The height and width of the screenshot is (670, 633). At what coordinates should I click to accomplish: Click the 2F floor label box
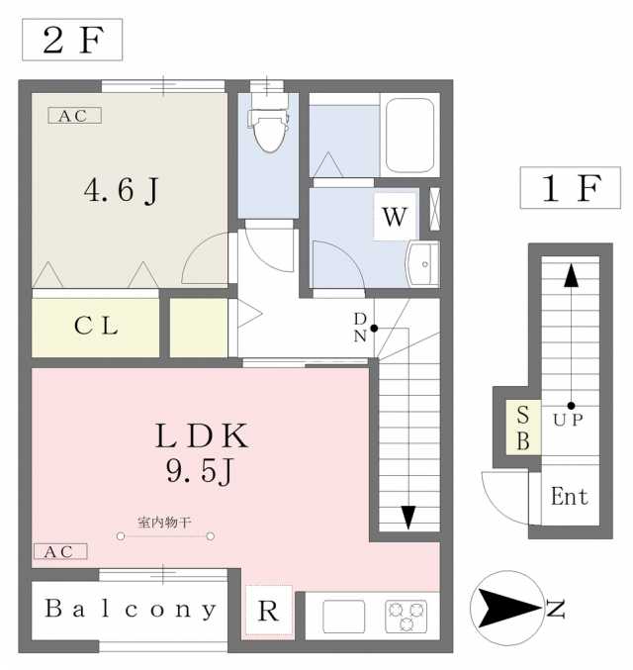pos(72,40)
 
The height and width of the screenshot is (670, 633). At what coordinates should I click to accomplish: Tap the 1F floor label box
pos(571,188)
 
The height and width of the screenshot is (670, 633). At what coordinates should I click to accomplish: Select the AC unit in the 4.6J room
pos(75,116)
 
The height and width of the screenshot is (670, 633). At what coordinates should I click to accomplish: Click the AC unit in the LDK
pos(60,551)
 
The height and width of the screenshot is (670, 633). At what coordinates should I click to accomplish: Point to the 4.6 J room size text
pos(122,191)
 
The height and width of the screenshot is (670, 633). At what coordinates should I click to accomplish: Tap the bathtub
pos(410,135)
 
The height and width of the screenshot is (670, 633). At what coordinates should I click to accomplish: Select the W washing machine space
pos(395,216)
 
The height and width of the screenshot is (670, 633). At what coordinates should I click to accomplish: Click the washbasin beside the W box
pos(423,264)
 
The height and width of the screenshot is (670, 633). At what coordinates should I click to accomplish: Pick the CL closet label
pos(96,326)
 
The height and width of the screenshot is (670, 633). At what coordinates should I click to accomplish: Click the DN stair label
pos(360,328)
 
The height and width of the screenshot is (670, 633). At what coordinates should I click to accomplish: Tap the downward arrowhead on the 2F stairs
pos(408,518)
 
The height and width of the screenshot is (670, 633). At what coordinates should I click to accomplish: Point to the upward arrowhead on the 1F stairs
pos(571,275)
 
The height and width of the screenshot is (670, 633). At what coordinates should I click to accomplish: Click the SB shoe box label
pos(523,428)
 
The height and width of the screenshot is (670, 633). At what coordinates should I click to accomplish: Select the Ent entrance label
pos(570,497)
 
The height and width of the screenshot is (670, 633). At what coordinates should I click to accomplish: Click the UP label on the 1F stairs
pos(568,420)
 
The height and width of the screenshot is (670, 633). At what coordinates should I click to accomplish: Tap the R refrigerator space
pos(269,611)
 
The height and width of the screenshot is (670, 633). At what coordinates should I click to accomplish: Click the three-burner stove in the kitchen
pos(407,617)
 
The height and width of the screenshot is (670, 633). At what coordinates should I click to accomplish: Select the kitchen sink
pos(344,617)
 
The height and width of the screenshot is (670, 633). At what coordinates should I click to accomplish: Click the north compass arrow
pos(509,608)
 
